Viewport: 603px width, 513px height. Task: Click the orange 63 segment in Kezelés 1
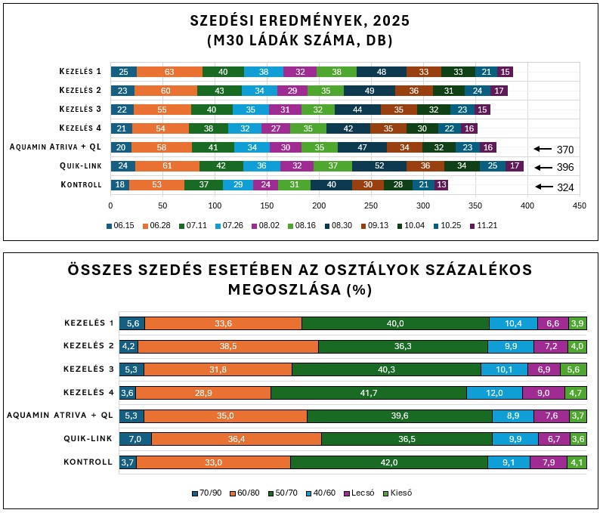tap(169, 72)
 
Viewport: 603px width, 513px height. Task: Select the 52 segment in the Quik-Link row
tap(379, 166)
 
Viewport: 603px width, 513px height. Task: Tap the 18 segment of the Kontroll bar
tap(119, 185)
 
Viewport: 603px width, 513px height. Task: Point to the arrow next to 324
tap(542, 187)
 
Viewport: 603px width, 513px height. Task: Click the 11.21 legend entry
tap(484, 226)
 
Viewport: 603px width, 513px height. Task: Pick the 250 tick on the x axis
tap(371, 205)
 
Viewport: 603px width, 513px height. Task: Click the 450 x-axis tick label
tap(580, 205)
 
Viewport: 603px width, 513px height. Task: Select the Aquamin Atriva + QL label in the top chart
tap(56, 147)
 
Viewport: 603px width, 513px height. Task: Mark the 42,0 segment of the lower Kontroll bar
tap(388, 462)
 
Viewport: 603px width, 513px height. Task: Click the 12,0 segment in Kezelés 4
tap(494, 393)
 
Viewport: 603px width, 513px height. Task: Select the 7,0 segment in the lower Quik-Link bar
tap(135, 439)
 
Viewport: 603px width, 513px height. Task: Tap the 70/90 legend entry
tap(209, 493)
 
